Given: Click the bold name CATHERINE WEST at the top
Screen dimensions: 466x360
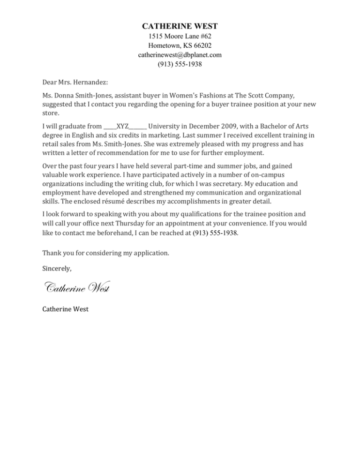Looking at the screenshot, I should pos(180,26).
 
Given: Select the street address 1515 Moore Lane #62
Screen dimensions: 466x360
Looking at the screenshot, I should pos(180,36).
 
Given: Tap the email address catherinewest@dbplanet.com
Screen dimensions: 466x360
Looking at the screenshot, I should pos(180,55).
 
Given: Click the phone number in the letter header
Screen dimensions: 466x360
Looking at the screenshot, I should pos(180,64).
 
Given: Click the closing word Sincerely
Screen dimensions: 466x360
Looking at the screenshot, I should pos(57,269).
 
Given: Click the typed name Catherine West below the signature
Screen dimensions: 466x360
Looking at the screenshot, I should pos(65,309).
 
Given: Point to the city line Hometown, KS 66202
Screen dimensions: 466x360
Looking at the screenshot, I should pos(180,45).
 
